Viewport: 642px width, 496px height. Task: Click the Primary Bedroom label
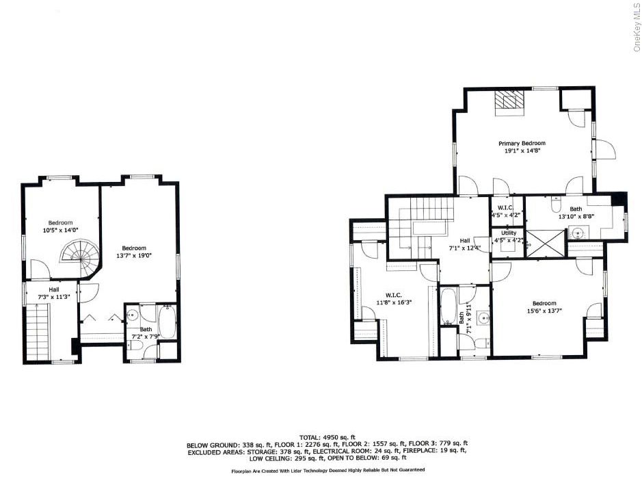[x=521, y=143]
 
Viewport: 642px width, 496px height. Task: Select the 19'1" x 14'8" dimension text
[x=521, y=151]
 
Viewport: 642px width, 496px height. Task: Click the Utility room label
[x=508, y=233]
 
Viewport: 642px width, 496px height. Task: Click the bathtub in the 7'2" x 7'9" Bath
[x=168, y=321]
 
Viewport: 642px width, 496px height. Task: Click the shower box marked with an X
[x=546, y=244]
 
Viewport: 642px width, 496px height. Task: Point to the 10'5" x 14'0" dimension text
[x=60, y=231]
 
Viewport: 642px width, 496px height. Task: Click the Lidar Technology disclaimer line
[x=327, y=471]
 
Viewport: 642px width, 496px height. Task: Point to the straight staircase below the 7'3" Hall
[x=38, y=331]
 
